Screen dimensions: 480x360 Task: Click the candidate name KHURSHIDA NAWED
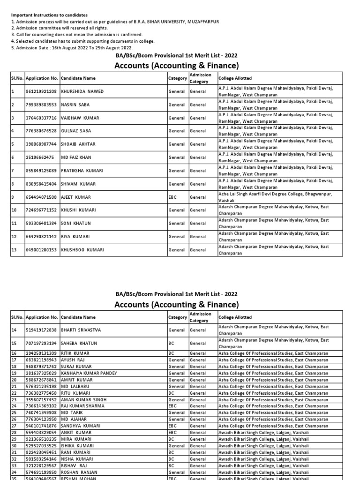pyautogui.click(x=82, y=91)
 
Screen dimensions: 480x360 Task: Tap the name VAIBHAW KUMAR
pyautogui.click(x=80, y=118)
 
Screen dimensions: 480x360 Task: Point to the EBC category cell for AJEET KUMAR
pyautogui.click(x=173, y=197)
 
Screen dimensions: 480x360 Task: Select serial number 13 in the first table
pyautogui.click(x=14, y=250)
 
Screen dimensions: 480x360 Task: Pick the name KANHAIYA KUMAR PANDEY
pyautogui.click(x=89, y=373)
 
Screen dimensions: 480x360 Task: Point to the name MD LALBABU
pyautogui.click(x=75, y=386)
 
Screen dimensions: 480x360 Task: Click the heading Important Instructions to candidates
pyautogui.click(x=49, y=15)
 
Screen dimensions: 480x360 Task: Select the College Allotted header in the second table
pyautogui.click(x=235, y=317)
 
